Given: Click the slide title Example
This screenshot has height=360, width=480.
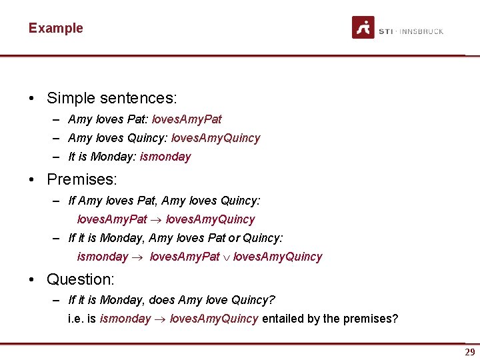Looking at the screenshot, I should point(55,28).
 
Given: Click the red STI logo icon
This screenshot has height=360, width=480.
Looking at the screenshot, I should point(363,27).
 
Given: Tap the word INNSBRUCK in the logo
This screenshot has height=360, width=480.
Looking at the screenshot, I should point(421,31).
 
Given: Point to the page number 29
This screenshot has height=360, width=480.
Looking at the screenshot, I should point(469,353).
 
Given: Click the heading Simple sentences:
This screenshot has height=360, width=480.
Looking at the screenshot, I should point(111,98).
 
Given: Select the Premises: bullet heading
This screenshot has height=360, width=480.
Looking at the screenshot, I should point(81,179).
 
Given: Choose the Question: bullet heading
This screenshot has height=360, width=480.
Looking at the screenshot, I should point(80,279).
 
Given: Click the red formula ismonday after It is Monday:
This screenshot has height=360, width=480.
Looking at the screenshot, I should point(165,157).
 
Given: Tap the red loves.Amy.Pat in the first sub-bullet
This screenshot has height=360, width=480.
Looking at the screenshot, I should point(187,119).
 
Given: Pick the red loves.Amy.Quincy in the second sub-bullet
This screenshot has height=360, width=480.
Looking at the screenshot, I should point(215,138).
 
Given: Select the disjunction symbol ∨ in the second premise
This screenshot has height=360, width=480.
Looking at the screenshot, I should point(226,257).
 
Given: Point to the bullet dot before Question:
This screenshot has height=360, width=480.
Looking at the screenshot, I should point(32,279).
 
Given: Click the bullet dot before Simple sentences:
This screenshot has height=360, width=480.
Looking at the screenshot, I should point(32,98).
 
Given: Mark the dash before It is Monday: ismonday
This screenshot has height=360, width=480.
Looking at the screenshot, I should point(59,157).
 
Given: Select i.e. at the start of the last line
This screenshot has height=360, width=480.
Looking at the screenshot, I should point(77,319).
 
